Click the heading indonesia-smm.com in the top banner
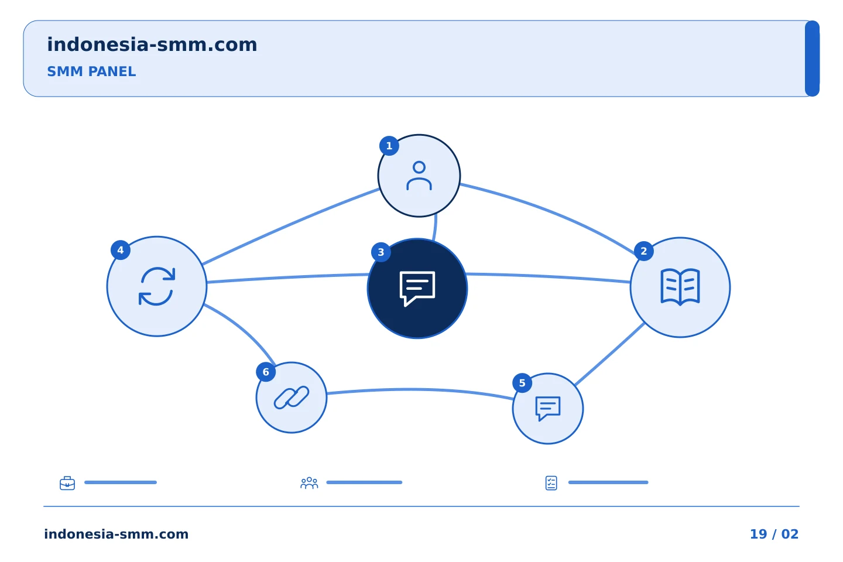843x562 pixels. point(152,44)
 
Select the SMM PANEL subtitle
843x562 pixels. point(91,71)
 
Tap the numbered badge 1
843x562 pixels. point(389,146)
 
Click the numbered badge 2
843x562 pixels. point(643,251)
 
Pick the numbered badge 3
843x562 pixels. point(381,252)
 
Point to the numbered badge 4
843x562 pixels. point(121,250)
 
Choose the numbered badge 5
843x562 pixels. point(522,383)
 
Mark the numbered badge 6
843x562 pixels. point(266,372)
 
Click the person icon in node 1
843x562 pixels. point(419,176)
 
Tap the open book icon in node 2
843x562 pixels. point(680,287)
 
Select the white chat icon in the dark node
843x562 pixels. point(417,289)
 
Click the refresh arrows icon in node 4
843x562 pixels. point(157,286)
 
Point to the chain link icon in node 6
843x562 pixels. point(292,397)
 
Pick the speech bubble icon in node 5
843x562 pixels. point(548,409)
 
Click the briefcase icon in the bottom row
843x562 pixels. point(67,483)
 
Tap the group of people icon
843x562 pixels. point(309,483)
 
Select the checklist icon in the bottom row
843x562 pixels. point(551,483)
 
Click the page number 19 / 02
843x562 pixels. point(774,534)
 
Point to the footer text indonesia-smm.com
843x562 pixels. point(116,534)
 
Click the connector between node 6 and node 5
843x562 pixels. point(420,390)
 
